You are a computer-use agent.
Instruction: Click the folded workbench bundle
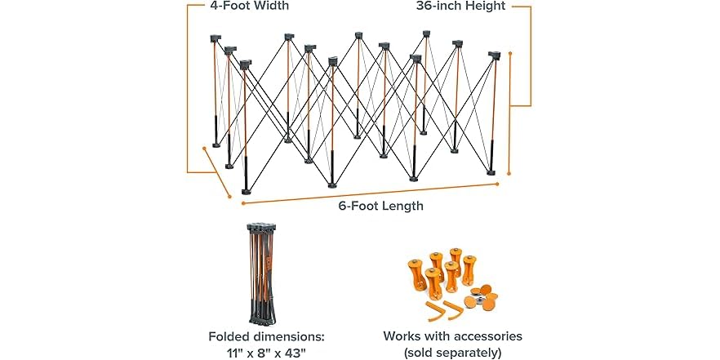pos(262,273)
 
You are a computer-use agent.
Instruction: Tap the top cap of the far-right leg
pos(494,56)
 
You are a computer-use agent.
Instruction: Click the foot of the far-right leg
pos(491,173)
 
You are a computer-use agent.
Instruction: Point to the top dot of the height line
pos(509,53)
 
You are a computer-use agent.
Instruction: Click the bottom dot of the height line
pos(509,174)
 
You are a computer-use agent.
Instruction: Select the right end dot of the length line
pos(497,184)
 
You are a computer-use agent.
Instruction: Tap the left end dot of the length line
pos(243,202)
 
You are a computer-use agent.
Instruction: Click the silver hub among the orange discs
pos(479,299)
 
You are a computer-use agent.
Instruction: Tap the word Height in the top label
pos(486,6)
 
